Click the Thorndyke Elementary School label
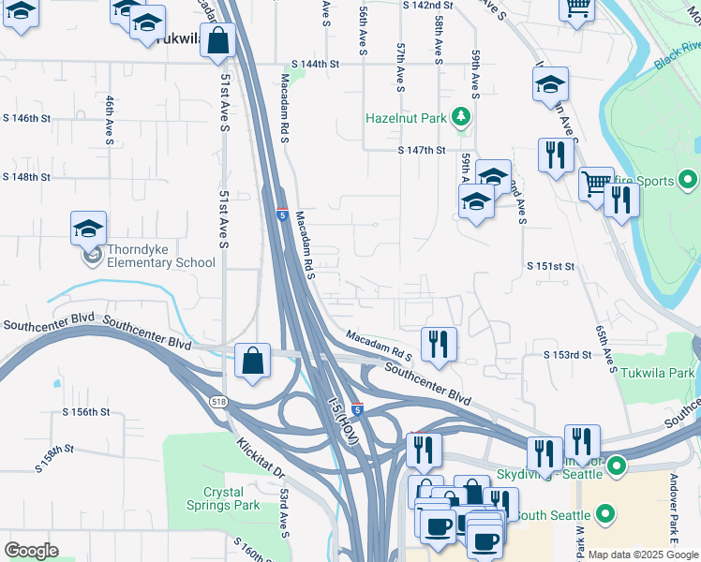tap(160, 256)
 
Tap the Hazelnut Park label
tap(406, 119)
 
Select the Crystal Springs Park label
tap(231, 498)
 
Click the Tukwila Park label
tap(657, 372)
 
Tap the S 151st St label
tap(548, 266)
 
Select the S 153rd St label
tap(568, 355)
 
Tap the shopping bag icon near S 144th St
tap(217, 41)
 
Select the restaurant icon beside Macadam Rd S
tap(438, 344)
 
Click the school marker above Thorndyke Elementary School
tap(88, 229)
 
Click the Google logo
tap(31, 551)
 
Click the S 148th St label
tap(25, 176)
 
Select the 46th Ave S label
tap(110, 120)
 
